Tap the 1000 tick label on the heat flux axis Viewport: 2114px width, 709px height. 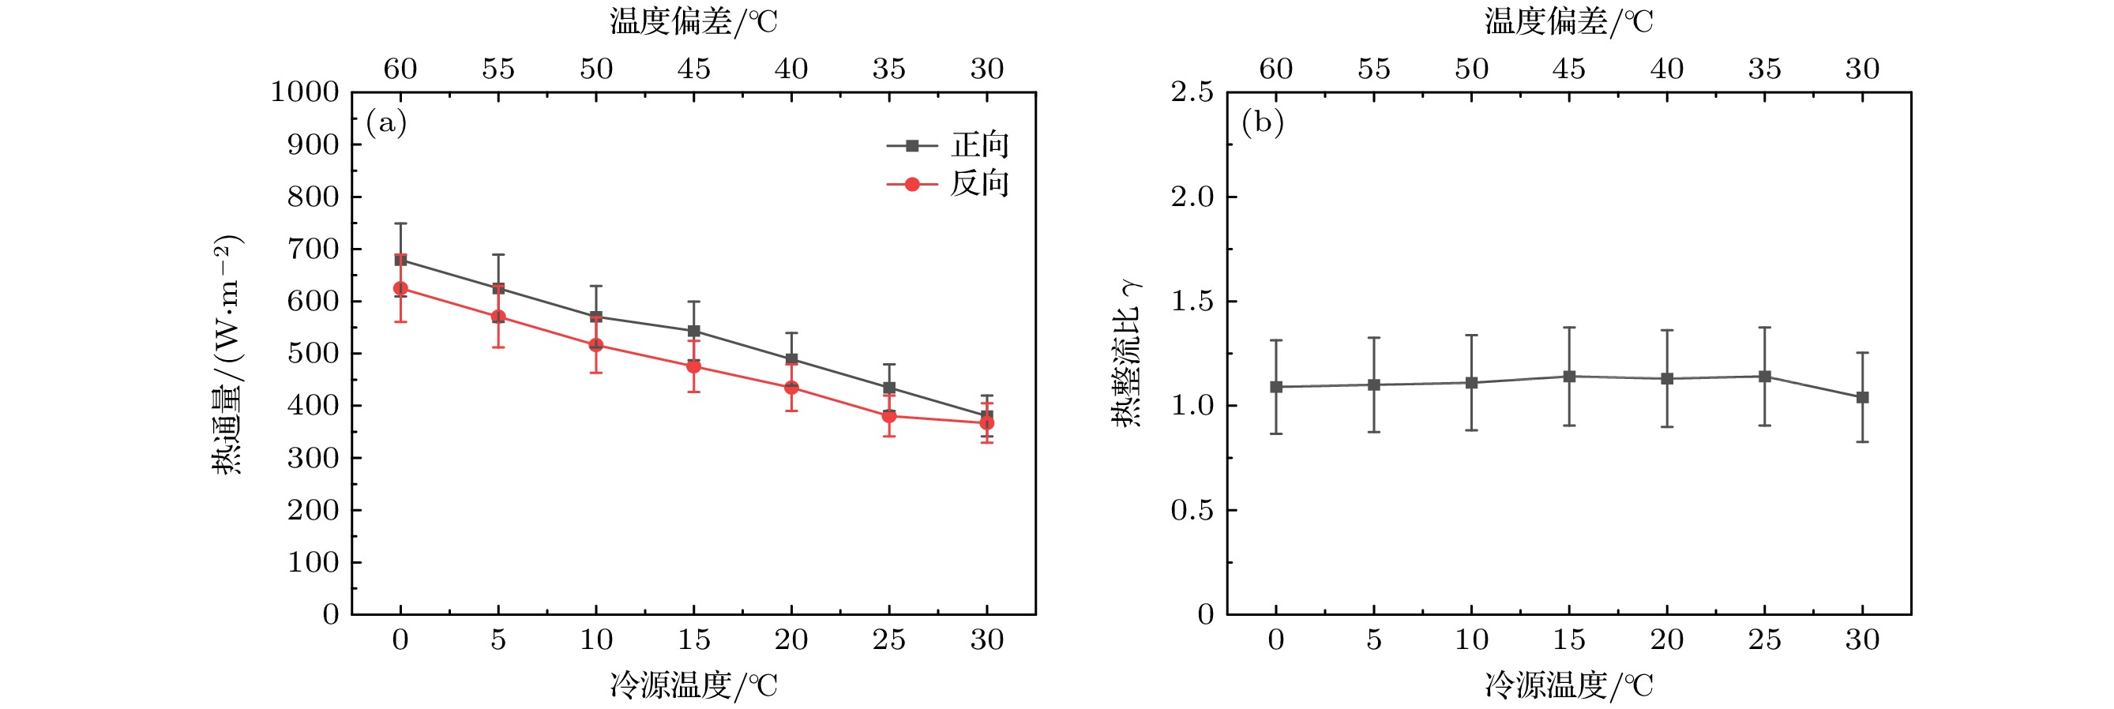pyautogui.click(x=305, y=92)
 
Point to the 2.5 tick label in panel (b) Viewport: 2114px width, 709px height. pyautogui.click(x=1192, y=92)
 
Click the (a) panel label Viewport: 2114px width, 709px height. pyautogui.click(x=386, y=123)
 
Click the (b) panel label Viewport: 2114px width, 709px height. pyautogui.click(x=1262, y=123)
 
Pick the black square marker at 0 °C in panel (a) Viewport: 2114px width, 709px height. pyautogui.click(x=400, y=260)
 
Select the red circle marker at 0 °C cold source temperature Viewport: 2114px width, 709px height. pyautogui.click(x=400, y=289)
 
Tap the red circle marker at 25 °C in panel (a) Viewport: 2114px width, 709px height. pyautogui.click(x=888, y=416)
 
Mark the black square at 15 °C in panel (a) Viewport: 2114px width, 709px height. pyautogui.click(x=693, y=332)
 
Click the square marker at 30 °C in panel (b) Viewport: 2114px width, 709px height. pyautogui.click(x=1862, y=397)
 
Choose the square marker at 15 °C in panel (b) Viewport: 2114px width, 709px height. pyautogui.click(x=1569, y=377)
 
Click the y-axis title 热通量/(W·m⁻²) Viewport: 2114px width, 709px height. pyautogui.click(x=227, y=354)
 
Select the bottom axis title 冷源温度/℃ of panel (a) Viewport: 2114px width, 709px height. pyautogui.click(x=693, y=685)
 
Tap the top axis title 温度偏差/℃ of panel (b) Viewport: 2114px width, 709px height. pyautogui.click(x=1568, y=21)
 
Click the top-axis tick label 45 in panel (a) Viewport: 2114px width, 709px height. pyautogui.click(x=693, y=69)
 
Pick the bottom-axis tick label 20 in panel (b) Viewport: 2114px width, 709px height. pyautogui.click(x=1667, y=640)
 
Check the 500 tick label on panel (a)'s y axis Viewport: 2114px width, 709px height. pyautogui.click(x=313, y=354)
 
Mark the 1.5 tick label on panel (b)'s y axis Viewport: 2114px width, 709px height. pyautogui.click(x=1192, y=301)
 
